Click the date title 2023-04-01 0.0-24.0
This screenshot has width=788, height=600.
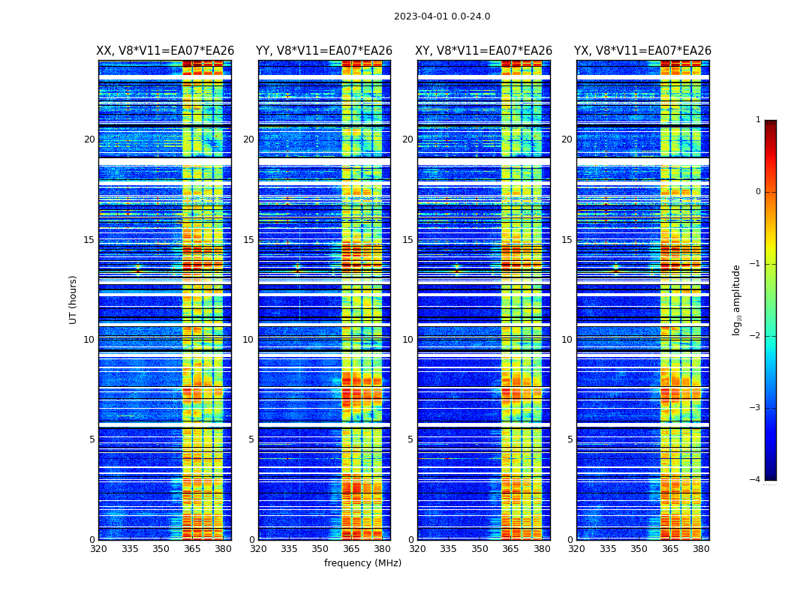(442, 16)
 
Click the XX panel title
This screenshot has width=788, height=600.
(165, 51)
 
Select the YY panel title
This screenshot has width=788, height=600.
(324, 51)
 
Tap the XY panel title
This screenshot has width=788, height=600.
(484, 51)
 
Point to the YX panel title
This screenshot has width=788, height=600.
(642, 51)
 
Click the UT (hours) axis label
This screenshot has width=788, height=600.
(74, 299)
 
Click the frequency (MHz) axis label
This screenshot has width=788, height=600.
(362, 563)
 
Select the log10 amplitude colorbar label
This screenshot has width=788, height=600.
(737, 299)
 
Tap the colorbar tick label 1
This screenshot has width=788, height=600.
(758, 120)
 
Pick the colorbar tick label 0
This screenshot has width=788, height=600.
(758, 192)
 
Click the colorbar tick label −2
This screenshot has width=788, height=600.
(756, 336)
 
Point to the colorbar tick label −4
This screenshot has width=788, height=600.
(756, 480)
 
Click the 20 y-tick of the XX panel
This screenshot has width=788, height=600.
(89, 139)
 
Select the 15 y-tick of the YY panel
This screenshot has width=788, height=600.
(248, 240)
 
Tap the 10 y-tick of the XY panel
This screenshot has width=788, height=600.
(408, 340)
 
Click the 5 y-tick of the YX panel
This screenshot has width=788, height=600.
(570, 439)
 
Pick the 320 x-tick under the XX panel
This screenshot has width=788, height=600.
(98, 549)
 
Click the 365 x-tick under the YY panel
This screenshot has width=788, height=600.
(351, 549)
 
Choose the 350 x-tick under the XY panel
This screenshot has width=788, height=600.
(480, 549)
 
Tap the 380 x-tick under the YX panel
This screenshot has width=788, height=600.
(701, 549)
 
